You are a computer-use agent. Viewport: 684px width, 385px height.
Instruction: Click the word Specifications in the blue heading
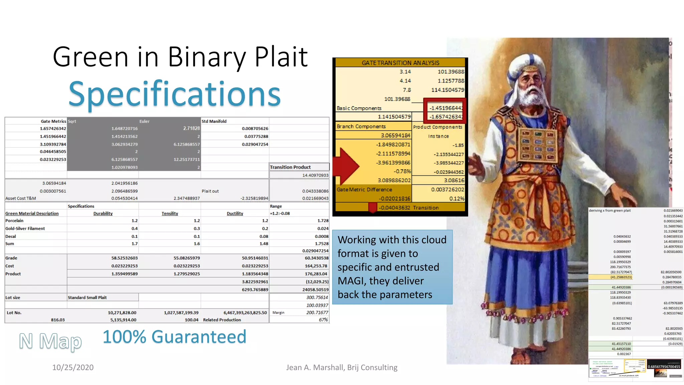pyautogui.click(x=174, y=94)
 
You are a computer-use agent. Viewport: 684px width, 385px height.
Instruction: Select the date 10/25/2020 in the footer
pyautogui.click(x=73, y=367)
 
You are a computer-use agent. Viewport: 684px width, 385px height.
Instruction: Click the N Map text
pyautogui.click(x=50, y=341)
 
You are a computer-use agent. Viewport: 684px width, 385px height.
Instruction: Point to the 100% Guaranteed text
pyautogui.click(x=174, y=337)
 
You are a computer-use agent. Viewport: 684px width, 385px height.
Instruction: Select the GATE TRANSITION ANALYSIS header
pyautogui.click(x=400, y=63)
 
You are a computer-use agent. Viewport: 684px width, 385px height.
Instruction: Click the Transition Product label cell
pyautogui.click(x=290, y=167)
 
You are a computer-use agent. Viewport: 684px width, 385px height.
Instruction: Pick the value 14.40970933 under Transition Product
pyautogui.click(x=315, y=175)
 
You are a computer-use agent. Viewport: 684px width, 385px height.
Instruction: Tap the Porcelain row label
pyautogui.click(x=14, y=221)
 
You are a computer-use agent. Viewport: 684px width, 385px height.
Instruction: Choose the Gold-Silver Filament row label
pyautogui.click(x=25, y=229)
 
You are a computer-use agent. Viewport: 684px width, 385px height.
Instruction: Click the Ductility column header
pyautogui.click(x=235, y=214)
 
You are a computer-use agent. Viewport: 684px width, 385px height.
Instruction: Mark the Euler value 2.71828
pyautogui.click(x=191, y=128)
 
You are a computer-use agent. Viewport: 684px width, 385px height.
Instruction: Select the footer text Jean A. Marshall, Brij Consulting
pyautogui.click(x=342, y=367)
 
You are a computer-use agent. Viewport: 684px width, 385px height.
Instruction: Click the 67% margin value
pyautogui.click(x=323, y=320)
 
